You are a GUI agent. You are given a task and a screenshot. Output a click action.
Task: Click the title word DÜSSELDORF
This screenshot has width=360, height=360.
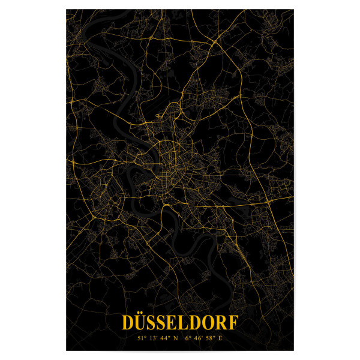(179, 323)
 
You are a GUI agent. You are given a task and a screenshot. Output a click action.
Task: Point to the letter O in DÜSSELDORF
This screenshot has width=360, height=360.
(208, 323)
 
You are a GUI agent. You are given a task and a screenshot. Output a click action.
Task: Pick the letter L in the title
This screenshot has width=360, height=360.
(184, 323)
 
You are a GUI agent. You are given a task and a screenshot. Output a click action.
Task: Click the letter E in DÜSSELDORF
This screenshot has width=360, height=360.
(173, 323)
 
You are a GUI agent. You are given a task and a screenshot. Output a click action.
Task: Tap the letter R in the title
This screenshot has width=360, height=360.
(221, 323)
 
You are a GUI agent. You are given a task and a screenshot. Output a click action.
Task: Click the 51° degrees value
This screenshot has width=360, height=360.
(142, 338)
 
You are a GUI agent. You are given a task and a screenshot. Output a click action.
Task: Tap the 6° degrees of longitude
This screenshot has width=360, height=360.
(188, 338)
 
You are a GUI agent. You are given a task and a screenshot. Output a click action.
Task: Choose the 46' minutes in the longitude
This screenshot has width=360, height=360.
(198, 338)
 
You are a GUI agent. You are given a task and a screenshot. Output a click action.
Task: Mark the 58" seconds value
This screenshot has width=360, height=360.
(209, 338)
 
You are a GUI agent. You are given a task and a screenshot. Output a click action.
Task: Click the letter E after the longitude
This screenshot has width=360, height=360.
(220, 338)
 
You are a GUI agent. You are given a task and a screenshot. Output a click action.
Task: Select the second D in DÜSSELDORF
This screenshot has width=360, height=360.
(196, 323)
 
